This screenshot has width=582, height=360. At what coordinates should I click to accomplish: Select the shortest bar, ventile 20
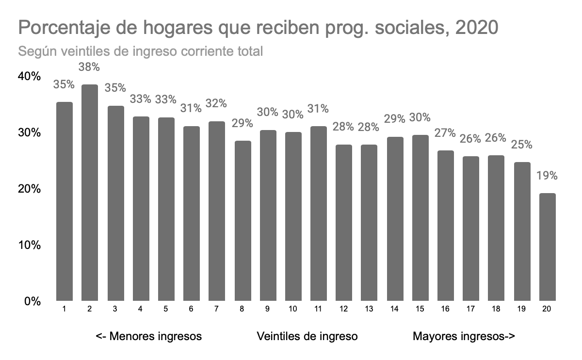[x=547, y=247]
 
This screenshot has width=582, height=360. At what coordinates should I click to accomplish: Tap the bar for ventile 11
[x=318, y=213]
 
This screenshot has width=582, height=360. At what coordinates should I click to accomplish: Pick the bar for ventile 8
[x=242, y=221]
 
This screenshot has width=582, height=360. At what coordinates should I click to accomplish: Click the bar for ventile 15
[x=420, y=218]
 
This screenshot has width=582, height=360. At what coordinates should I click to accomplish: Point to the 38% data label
[x=89, y=66]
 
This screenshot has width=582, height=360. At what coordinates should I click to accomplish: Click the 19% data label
[x=547, y=176]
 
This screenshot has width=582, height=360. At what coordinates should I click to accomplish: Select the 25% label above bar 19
[x=522, y=145]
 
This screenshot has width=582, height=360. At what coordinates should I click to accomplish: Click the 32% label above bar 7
[x=216, y=103]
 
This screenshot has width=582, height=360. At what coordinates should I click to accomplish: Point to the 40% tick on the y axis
[x=30, y=77]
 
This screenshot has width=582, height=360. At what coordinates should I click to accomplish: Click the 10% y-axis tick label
[x=30, y=245]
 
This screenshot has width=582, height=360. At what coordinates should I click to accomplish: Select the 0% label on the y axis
[x=32, y=301]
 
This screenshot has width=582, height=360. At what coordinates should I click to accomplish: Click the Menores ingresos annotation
[x=148, y=336]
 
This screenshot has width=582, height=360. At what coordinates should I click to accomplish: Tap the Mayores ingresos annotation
[x=463, y=336]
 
